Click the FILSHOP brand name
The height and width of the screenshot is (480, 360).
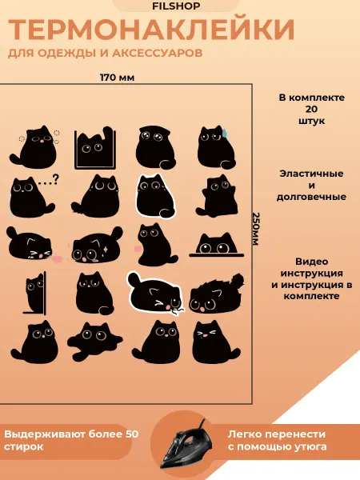[x=176, y=6]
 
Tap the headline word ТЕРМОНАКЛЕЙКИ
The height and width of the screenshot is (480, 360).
[x=151, y=30]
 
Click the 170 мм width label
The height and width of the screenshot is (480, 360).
[x=118, y=78]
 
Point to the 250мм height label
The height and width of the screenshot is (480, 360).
[x=256, y=229]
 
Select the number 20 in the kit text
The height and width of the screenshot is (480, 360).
[x=311, y=109]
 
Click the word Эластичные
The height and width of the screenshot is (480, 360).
[x=311, y=174]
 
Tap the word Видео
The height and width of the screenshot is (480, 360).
[x=311, y=262]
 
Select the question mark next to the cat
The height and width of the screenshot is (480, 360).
[x=55, y=178]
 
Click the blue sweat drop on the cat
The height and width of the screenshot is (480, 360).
[x=225, y=132]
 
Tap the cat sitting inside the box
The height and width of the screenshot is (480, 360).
[x=95, y=148]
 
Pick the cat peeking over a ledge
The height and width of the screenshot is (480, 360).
[x=217, y=245]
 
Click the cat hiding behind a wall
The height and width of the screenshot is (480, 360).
[x=34, y=294]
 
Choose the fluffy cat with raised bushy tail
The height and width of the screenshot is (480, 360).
[x=217, y=294]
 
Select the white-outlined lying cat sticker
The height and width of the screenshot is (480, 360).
[x=155, y=293]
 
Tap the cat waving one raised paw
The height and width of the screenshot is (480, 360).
[x=217, y=197]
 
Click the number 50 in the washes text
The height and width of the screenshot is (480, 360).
[x=132, y=434]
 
